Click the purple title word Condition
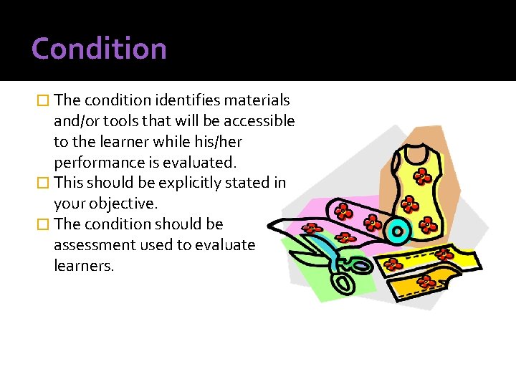click(99, 49)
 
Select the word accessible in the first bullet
click(259, 120)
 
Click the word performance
click(96, 162)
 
